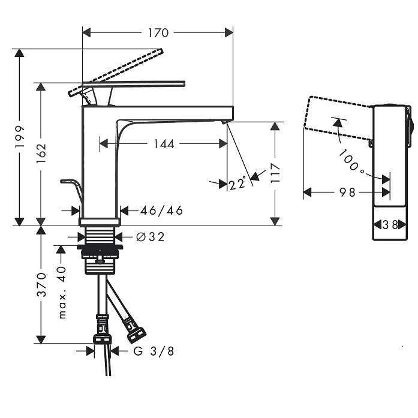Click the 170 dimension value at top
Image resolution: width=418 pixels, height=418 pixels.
pyautogui.click(x=158, y=33)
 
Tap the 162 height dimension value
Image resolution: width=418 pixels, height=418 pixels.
pyautogui.click(x=41, y=154)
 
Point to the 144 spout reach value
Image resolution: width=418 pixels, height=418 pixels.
pyautogui.click(x=164, y=144)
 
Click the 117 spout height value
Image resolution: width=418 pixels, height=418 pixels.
pyautogui.click(x=275, y=173)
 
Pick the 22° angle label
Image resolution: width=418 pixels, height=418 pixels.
pyautogui.click(x=237, y=183)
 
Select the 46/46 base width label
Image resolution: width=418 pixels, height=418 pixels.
pyautogui.click(x=161, y=210)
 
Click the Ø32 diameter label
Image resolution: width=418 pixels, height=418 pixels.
pyautogui.click(x=151, y=237)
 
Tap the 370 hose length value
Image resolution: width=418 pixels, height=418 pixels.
pyautogui.click(x=41, y=284)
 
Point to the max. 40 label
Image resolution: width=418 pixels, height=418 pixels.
pyautogui.click(x=62, y=292)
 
